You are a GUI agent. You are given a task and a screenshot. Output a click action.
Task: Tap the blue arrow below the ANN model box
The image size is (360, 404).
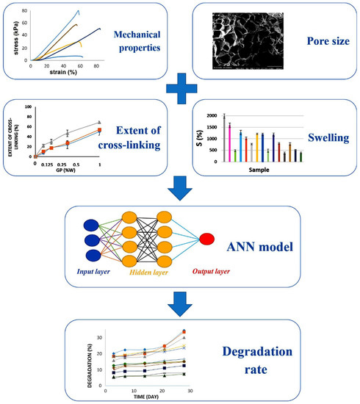(180, 301)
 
